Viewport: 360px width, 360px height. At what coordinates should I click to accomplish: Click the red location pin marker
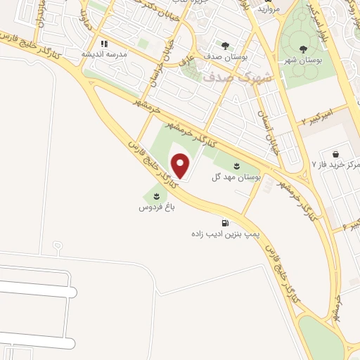pos(181,166)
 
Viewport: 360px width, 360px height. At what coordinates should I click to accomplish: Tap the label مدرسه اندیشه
pos(104,54)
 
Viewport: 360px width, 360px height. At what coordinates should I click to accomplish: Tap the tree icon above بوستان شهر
pos(304,49)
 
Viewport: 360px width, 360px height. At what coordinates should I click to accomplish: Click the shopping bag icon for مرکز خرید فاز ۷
pos(335,153)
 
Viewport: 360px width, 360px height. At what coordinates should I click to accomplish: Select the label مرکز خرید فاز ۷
pos(336,164)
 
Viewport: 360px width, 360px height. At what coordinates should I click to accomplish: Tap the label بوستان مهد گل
pos(236,177)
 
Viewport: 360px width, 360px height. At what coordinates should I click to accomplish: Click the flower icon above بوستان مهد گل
pos(236,167)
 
